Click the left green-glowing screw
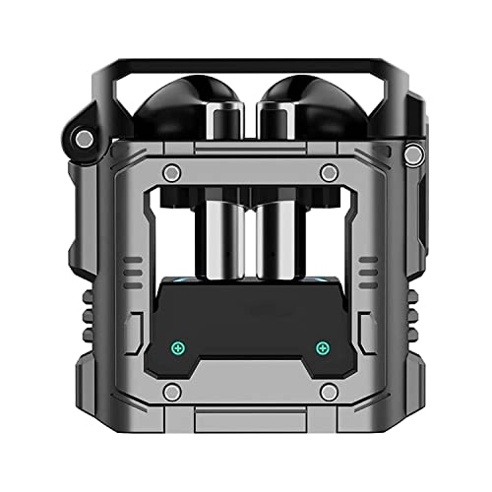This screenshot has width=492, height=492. pos(178,347)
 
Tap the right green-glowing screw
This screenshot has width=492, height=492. pos(321,347)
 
